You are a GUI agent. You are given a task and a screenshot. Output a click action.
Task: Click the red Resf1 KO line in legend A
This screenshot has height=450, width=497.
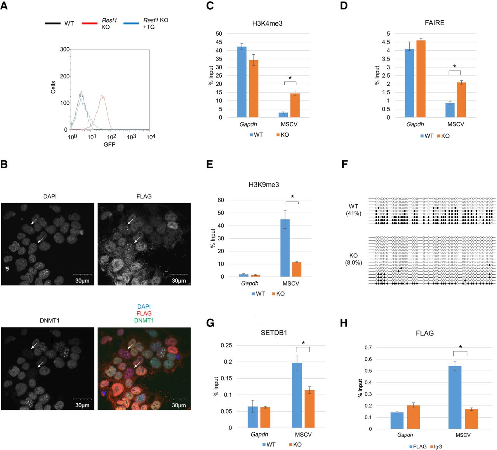(89, 23)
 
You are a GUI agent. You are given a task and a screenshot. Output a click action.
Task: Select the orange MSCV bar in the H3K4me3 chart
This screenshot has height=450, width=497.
(295, 105)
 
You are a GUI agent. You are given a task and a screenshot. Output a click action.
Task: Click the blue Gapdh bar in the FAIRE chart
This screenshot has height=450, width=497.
(409, 83)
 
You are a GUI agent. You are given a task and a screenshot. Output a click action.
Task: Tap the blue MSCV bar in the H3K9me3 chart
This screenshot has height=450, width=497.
(285, 248)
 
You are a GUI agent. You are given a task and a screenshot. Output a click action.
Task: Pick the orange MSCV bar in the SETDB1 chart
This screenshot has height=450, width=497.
(310, 409)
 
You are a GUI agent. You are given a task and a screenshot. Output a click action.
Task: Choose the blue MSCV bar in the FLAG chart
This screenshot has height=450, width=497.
(455, 397)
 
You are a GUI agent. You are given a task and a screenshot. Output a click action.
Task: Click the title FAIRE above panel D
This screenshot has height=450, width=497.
(434, 23)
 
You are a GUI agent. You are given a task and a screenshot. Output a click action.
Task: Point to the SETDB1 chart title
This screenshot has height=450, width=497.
(274, 332)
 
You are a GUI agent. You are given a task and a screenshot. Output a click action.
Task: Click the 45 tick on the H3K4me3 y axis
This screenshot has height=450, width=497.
(219, 42)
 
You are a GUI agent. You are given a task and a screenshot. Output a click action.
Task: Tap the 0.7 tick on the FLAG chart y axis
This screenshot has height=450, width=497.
(368, 347)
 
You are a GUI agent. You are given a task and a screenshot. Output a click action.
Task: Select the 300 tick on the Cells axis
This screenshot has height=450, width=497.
(65, 50)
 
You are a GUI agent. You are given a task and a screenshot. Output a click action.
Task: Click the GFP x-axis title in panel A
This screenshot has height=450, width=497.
(109, 144)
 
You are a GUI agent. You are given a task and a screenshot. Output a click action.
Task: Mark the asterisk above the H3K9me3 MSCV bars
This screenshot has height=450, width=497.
(292, 197)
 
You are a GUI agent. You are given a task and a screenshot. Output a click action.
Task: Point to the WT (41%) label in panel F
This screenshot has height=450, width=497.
(354, 210)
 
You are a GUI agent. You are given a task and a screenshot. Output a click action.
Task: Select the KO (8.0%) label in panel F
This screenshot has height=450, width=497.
(354, 259)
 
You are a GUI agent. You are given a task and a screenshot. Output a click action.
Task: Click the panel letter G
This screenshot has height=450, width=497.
(210, 323)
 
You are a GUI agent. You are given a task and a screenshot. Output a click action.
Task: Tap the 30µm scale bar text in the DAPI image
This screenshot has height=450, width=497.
(82, 280)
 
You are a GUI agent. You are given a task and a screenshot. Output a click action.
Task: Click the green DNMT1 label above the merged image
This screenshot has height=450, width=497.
(144, 320)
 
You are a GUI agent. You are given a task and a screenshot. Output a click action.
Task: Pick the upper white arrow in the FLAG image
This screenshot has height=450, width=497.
(130, 221)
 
